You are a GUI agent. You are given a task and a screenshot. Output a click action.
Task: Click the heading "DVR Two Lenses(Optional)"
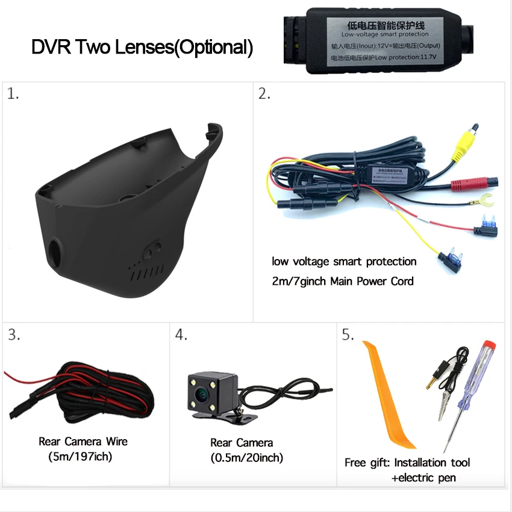coord(142,47)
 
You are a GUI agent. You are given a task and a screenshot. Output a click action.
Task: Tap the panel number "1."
coord(13,95)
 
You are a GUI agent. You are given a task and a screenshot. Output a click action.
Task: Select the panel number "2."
coord(264,94)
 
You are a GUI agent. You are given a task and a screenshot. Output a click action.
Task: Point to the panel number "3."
coord(14,336)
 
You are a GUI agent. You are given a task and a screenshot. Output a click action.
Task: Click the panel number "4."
coord(181,336)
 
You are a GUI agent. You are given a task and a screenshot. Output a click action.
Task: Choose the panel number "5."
coord(348,336)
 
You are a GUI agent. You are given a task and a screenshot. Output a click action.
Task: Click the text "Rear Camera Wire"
coord(83,442)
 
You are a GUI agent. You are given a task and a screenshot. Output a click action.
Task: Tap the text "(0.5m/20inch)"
coord(247,458)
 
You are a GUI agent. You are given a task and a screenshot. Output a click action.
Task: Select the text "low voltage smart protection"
coord(344,261)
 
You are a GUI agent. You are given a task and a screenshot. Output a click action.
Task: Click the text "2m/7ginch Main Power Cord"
coord(343,281)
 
